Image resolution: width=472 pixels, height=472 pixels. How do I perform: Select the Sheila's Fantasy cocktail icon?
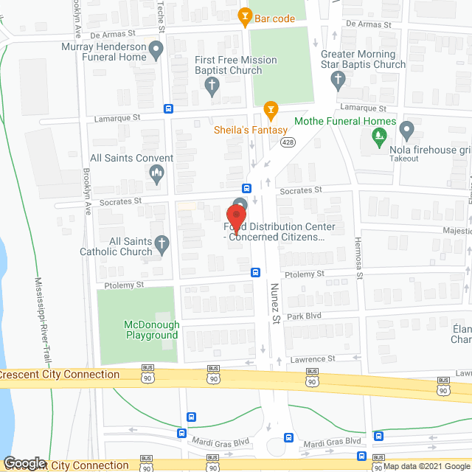click(271, 111)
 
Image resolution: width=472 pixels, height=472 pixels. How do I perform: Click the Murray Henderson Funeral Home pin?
click(156, 51)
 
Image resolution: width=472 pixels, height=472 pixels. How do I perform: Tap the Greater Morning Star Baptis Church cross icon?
click(339, 79)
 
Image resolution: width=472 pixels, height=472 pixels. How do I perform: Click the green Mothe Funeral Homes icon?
click(379, 135)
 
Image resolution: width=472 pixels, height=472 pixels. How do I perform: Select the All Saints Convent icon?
click(156, 174)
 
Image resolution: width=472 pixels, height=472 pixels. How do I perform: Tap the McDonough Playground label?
click(150, 330)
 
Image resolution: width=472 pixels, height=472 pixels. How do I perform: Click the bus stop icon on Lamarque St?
click(169, 109)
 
